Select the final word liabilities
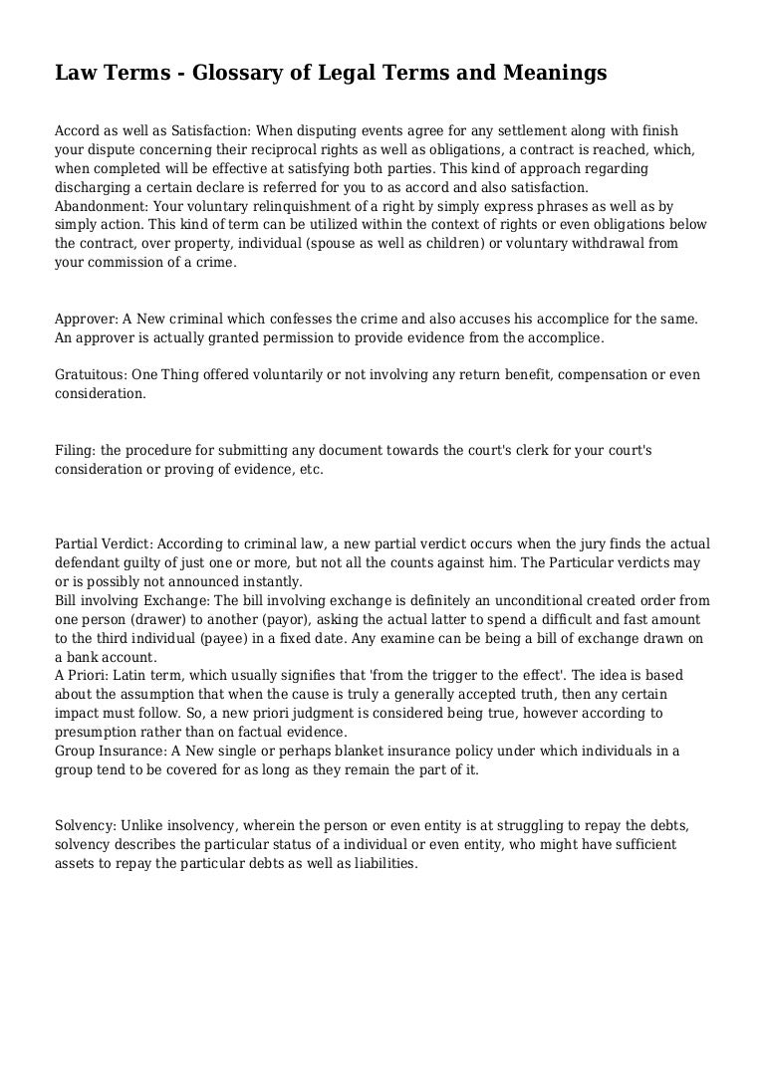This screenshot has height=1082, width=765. [381, 864]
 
